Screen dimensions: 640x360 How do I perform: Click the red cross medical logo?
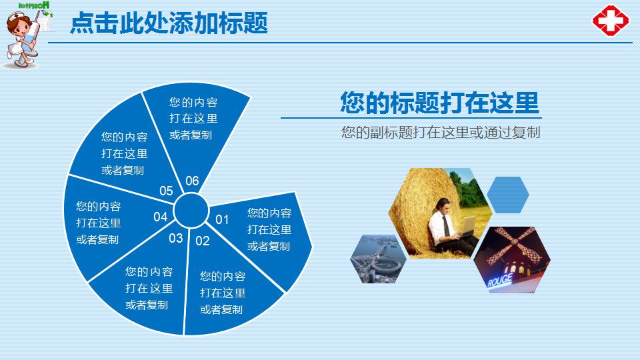(x=611, y=21)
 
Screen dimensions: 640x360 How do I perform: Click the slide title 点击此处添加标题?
(x=169, y=23)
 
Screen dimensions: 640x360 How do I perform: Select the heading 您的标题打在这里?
(x=439, y=103)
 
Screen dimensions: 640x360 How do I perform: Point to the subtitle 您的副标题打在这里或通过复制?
(x=441, y=132)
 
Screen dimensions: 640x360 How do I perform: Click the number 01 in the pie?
(x=222, y=219)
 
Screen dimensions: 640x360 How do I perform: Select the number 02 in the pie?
(x=203, y=241)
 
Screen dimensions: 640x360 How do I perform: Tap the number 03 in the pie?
(x=176, y=238)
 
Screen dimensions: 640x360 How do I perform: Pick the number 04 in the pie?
(x=161, y=217)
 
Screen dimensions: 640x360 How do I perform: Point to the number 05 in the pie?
(x=166, y=191)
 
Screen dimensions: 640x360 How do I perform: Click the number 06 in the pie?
(x=192, y=181)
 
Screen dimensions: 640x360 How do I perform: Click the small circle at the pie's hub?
(x=191, y=211)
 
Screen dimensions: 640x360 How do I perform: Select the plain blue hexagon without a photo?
(x=508, y=195)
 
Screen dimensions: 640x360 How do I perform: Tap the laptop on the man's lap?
(x=467, y=227)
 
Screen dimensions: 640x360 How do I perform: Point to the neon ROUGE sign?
(x=499, y=281)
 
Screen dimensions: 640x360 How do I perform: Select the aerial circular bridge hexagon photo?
(x=379, y=259)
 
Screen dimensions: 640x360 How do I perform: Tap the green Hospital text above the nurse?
(x=34, y=5)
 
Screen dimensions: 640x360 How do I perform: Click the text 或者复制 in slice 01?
(x=269, y=246)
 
